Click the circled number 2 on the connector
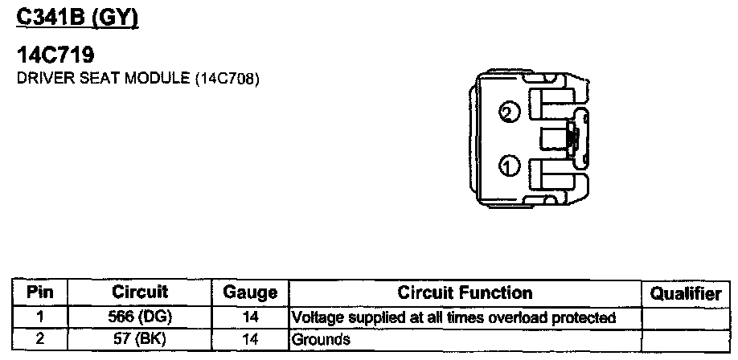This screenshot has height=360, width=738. pyautogui.click(x=506, y=112)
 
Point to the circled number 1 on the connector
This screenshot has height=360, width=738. pyautogui.click(x=507, y=166)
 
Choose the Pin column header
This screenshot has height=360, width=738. pyautogui.click(x=40, y=293)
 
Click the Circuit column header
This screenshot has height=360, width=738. pyautogui.click(x=140, y=293)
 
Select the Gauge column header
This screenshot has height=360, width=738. pyautogui.click(x=249, y=293)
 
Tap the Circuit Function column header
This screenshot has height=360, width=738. pyautogui.click(x=465, y=293)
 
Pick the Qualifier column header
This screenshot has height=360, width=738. pyautogui.click(x=686, y=294)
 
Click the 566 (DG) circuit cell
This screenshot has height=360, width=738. pyautogui.click(x=140, y=317)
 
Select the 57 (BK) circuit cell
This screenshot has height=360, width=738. pyautogui.click(x=140, y=338)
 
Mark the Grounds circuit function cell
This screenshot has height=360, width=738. pyautogui.click(x=465, y=338)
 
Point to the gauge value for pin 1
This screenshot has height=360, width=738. pyautogui.click(x=249, y=317)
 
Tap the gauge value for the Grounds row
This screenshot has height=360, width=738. pyautogui.click(x=249, y=338)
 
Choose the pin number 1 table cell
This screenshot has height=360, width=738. pyautogui.click(x=40, y=317)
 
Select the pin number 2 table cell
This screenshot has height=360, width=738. pyautogui.click(x=40, y=338)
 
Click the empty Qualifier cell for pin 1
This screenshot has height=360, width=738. pyautogui.click(x=686, y=317)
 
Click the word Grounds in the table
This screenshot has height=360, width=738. pyautogui.click(x=321, y=339)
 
